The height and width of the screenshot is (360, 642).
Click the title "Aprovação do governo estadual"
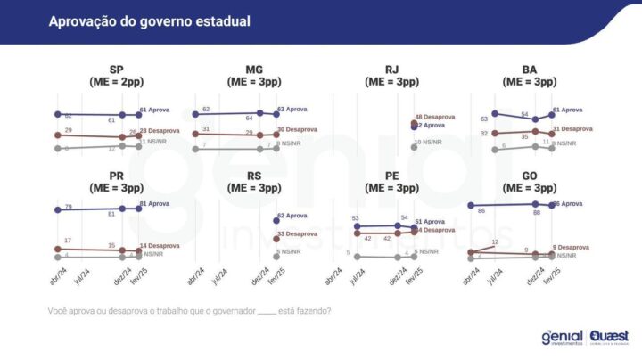149,20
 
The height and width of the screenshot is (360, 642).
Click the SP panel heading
116,75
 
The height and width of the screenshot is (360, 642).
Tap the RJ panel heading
391,75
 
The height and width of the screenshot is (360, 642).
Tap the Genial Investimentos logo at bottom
562,337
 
